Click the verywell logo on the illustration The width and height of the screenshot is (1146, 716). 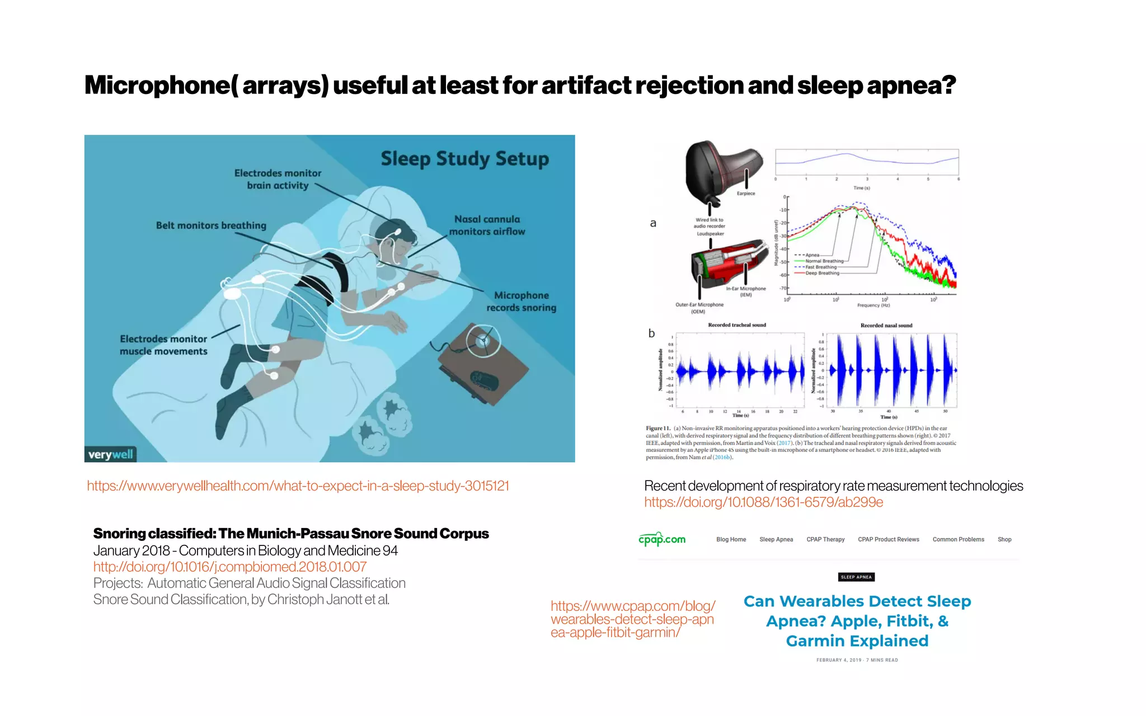pyautogui.click(x=111, y=454)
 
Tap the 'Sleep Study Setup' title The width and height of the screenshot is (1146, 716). pyautogui.click(x=464, y=159)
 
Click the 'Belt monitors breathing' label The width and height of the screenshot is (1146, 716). pyautogui.click(x=211, y=225)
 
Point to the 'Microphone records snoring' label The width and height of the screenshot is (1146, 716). pyautogui.click(x=521, y=302)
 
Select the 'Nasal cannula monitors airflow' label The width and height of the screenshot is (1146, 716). pyautogui.click(x=487, y=225)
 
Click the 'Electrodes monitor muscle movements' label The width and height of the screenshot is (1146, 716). pyautogui.click(x=163, y=345)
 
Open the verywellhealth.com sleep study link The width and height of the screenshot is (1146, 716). pyautogui.click(x=298, y=486)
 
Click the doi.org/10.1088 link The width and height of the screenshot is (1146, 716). pyautogui.click(x=763, y=502)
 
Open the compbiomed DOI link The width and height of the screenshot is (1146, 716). pyautogui.click(x=229, y=567)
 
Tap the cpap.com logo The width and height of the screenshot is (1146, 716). pyautogui.click(x=662, y=539)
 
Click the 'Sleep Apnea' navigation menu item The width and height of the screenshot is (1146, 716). pyautogui.click(x=776, y=540)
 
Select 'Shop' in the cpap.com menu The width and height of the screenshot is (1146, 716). pyautogui.click(x=1004, y=540)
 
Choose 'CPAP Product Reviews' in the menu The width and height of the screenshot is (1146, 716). pyautogui.click(x=888, y=540)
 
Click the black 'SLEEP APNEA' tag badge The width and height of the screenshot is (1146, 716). pyautogui.click(x=856, y=577)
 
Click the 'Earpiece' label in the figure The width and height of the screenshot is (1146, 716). pyautogui.click(x=745, y=194)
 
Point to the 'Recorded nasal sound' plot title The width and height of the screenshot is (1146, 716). pyautogui.click(x=886, y=326)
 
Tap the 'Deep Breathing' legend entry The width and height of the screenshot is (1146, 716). pyautogui.click(x=822, y=274)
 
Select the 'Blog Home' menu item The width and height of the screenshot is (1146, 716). pyautogui.click(x=731, y=540)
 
